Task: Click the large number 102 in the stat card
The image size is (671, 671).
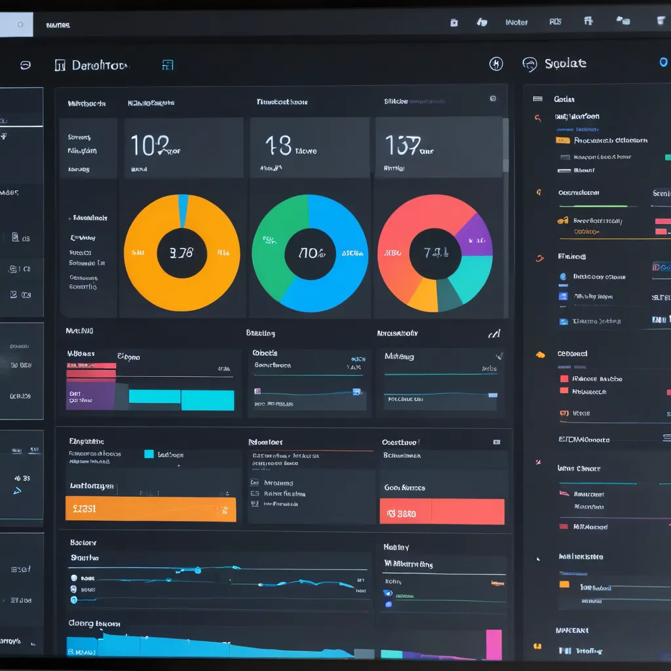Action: coord(149,145)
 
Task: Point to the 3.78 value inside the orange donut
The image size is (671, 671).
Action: coord(182,253)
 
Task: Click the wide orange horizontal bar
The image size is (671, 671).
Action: coord(151,508)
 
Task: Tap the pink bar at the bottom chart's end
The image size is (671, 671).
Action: coord(493,644)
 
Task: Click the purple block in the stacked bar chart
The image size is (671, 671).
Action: coord(90,396)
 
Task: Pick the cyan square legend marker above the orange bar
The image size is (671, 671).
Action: coord(149,453)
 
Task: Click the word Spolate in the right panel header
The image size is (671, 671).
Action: coord(565,64)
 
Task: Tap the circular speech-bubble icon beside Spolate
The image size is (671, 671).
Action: coord(529,64)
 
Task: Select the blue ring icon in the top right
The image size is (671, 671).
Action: coord(663,62)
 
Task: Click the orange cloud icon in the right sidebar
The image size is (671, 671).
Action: coord(540,355)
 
